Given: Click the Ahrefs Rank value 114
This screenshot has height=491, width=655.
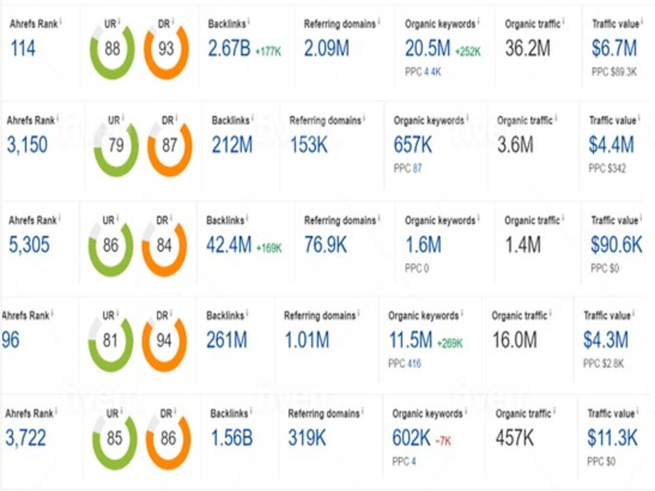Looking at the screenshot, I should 23,48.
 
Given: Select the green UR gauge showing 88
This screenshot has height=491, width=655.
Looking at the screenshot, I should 113,50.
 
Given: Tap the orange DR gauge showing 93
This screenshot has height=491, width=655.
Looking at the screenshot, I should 166,50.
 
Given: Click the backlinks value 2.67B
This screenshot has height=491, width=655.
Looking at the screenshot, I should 229,48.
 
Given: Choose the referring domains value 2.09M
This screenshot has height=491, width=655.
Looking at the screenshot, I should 326,48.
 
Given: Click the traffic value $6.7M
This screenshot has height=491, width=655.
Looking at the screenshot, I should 614,48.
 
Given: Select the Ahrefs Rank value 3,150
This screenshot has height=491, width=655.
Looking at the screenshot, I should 28,145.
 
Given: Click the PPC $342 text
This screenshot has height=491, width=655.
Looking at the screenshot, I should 607,169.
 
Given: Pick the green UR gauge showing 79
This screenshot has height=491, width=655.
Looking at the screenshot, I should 116,146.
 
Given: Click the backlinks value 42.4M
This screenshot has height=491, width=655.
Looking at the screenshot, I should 229,245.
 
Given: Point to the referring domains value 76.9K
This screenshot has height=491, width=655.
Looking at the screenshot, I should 326,245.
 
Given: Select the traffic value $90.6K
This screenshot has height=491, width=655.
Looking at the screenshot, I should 616,245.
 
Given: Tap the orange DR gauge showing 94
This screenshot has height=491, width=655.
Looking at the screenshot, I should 164,340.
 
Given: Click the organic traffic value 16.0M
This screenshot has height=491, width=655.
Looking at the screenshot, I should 514,340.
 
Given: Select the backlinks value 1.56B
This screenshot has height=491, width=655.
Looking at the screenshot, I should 231,438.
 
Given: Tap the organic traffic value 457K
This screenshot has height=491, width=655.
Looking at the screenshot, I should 515,438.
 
